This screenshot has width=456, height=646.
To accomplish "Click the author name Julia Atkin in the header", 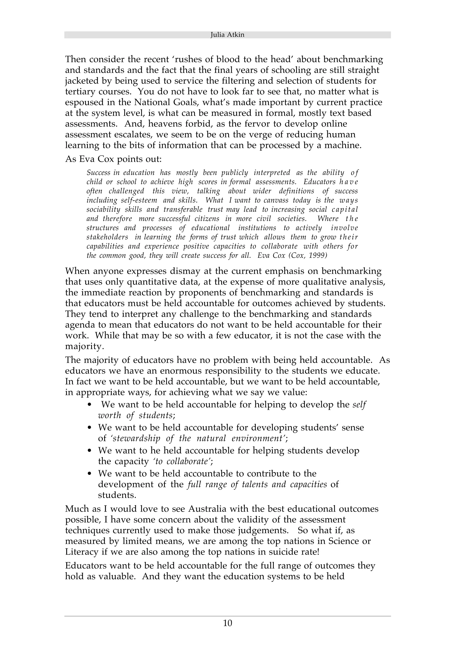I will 227,35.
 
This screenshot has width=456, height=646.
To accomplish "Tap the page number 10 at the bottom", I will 228,623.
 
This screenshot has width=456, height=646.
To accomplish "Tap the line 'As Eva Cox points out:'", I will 114,159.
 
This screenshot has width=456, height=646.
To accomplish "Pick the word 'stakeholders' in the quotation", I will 107,237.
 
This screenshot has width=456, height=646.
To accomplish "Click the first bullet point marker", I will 90,405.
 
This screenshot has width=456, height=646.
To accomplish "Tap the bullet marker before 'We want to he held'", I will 90,451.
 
